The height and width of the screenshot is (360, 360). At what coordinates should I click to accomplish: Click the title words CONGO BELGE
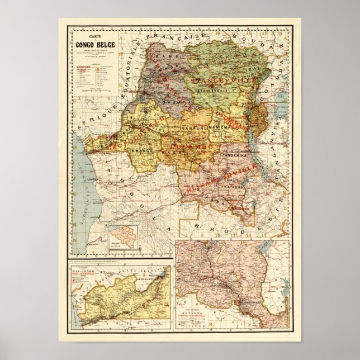coord(92,46)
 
